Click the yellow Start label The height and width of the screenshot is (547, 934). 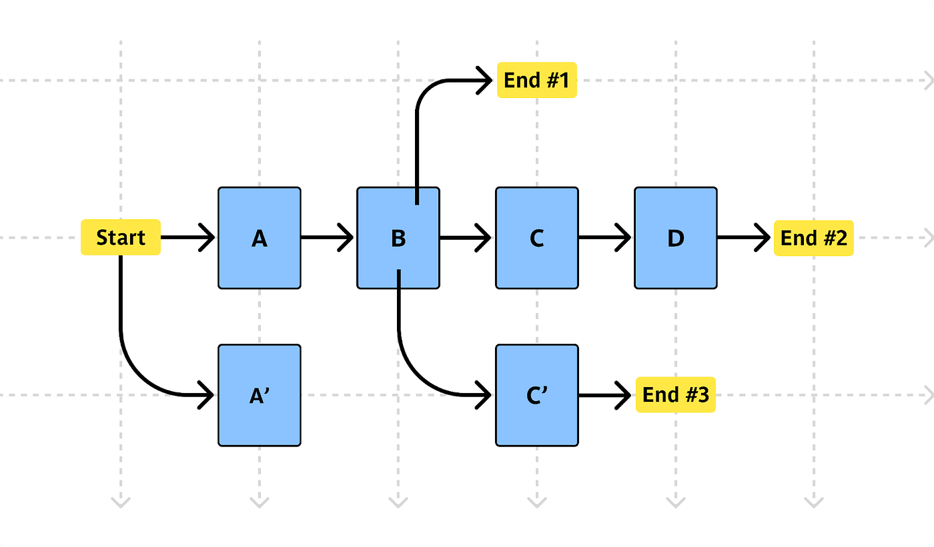click(121, 237)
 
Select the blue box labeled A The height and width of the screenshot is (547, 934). click(260, 238)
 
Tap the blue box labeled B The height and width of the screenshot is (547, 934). click(398, 238)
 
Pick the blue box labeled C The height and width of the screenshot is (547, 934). click(537, 238)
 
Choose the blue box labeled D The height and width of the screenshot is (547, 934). click(676, 238)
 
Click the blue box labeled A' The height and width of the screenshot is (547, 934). click(260, 396)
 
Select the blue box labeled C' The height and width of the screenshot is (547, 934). click(537, 396)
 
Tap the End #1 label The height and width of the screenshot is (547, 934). click(537, 81)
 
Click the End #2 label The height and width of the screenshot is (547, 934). click(814, 238)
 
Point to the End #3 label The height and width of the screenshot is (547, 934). click(675, 394)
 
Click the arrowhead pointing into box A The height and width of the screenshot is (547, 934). click(207, 237)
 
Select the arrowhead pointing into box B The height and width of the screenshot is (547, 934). click(346, 237)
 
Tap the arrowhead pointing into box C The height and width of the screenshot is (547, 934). click(484, 238)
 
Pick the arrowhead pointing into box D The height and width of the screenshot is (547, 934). click(623, 237)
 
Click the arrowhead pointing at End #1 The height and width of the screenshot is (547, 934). click(484, 81)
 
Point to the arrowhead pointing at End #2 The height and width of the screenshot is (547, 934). click(763, 237)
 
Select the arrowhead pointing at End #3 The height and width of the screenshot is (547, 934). click(623, 395)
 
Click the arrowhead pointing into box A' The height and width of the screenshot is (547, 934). click(206, 395)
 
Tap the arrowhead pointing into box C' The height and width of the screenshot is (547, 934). click(484, 395)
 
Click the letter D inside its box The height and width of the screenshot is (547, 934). click(676, 239)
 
